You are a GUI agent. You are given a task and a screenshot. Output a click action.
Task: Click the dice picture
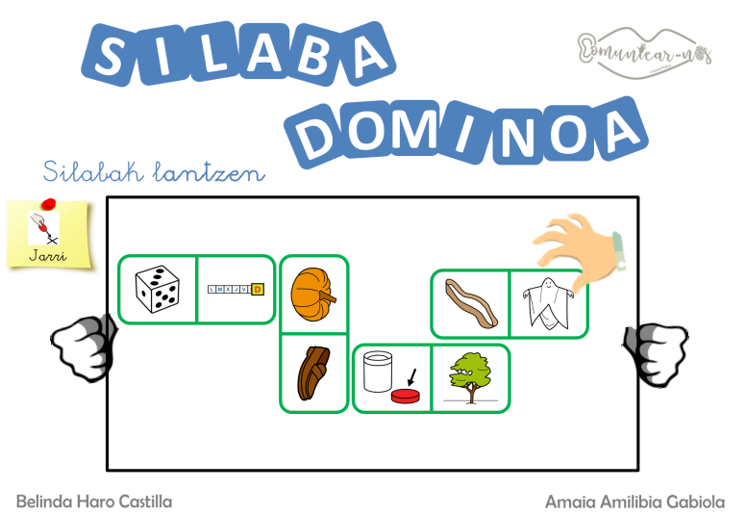point(158,289)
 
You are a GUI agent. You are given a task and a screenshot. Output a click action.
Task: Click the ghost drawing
point(548,304)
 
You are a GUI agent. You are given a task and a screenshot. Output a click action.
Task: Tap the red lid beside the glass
point(406,395)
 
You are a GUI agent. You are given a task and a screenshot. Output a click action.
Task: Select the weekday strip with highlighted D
point(236,289)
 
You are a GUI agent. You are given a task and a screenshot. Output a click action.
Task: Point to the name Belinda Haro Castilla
point(93,501)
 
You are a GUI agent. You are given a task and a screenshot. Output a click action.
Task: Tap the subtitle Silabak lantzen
point(154,172)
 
